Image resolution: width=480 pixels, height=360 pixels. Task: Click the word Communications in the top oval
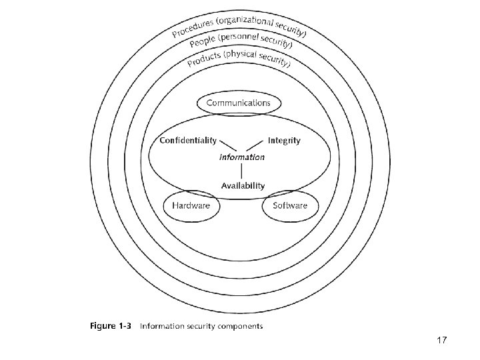pos(239,103)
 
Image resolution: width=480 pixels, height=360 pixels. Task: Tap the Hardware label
pos(191,205)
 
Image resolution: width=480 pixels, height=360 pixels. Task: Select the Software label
pos(290,205)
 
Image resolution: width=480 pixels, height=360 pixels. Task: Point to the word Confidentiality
pos(188,140)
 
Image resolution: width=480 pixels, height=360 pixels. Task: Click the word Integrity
pos(284,140)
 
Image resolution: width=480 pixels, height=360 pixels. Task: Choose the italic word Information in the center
pos(242,157)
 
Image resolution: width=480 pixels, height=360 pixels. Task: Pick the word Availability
pos(243,186)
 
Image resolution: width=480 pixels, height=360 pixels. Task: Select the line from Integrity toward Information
pos(255,146)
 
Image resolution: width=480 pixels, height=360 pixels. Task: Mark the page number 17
pos(441,341)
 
